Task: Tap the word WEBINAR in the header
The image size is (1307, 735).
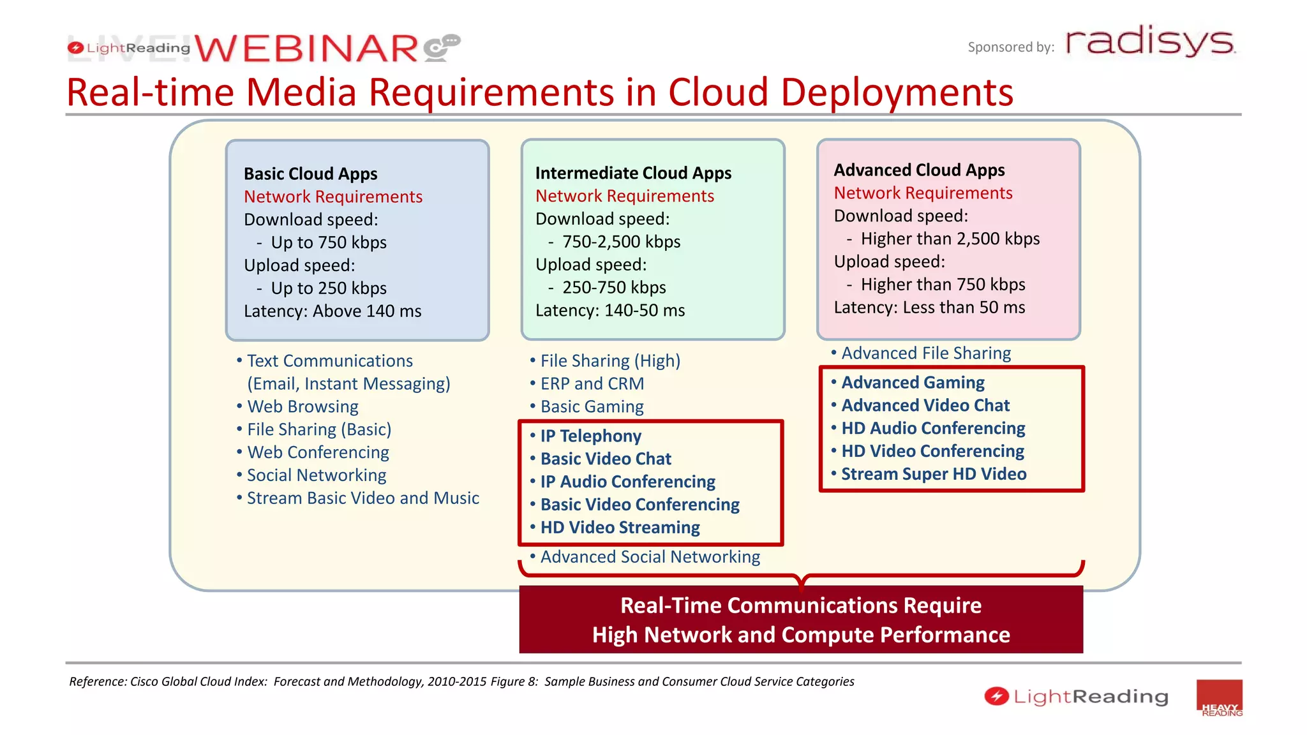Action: (x=306, y=49)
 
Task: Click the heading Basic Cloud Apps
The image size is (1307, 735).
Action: (x=310, y=174)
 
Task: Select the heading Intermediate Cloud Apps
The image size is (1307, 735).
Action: (x=633, y=173)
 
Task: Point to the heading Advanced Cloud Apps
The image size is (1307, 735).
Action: (x=919, y=170)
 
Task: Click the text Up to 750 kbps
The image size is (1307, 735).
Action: (x=328, y=242)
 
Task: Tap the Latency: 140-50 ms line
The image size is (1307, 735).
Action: (x=609, y=311)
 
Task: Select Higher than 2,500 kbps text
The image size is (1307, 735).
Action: (x=950, y=239)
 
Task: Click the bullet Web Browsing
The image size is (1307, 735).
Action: (x=302, y=406)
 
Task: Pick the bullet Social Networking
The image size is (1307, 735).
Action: (x=316, y=475)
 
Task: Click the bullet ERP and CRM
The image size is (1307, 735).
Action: (x=592, y=383)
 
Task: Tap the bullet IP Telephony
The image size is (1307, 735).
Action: (x=590, y=436)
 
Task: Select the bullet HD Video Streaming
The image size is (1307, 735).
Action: (x=620, y=528)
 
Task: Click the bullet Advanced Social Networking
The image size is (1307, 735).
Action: (x=650, y=557)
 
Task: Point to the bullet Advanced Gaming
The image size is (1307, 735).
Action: (x=913, y=382)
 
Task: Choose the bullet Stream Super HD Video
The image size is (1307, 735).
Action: (x=934, y=474)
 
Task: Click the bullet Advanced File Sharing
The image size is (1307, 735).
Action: (x=925, y=353)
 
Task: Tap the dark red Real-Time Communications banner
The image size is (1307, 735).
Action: (x=801, y=620)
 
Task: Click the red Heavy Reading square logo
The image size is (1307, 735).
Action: (x=1219, y=699)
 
